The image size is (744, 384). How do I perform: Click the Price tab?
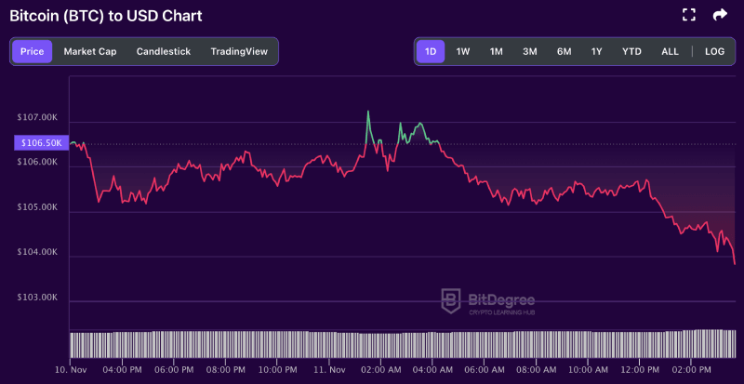[33, 51]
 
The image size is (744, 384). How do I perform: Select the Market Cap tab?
[90, 51]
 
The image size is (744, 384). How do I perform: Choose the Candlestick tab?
[164, 51]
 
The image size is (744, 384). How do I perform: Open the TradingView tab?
[239, 51]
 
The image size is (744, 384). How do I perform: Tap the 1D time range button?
[432, 51]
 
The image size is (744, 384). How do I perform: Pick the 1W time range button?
[463, 51]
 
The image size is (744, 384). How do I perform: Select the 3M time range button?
[530, 51]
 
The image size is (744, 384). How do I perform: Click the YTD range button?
[632, 51]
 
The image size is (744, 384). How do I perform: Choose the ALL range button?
[670, 51]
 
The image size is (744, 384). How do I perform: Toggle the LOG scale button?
[714, 51]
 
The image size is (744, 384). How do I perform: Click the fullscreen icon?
[689, 15]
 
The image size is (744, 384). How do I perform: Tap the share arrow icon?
[720, 15]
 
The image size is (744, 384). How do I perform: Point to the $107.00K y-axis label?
[38, 118]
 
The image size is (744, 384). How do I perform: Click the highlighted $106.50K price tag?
[40, 143]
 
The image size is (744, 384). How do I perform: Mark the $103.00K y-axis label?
[38, 298]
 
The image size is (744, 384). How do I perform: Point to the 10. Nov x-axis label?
[71, 369]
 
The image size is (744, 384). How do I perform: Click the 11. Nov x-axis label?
[330, 369]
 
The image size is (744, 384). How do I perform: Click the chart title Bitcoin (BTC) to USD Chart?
[105, 16]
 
